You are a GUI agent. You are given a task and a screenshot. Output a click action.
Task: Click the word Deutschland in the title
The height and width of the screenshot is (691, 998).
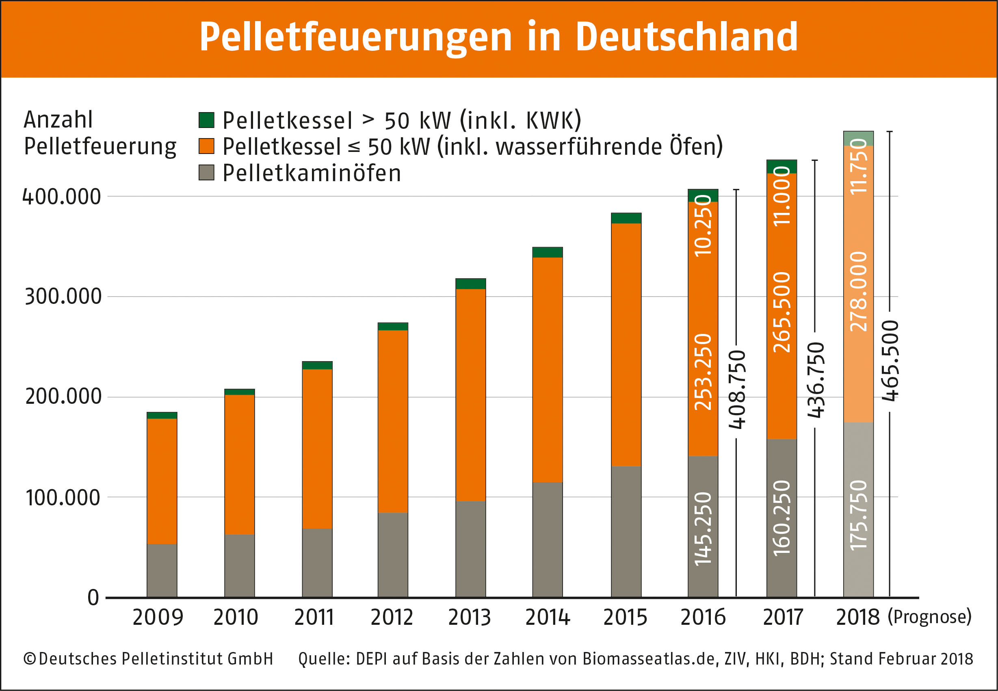click(x=686, y=37)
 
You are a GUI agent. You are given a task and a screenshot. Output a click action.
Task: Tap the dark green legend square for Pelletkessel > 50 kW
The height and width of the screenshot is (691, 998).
click(x=206, y=120)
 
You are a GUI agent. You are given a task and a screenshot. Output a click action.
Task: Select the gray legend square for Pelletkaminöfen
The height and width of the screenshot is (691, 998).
click(x=206, y=172)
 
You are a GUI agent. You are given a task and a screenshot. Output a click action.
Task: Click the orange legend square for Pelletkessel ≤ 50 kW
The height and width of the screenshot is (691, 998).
click(x=206, y=146)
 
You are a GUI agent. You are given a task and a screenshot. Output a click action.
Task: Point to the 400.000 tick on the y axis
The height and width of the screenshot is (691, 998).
click(x=61, y=197)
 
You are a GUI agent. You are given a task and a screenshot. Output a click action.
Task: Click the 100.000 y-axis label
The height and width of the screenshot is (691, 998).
click(x=63, y=498)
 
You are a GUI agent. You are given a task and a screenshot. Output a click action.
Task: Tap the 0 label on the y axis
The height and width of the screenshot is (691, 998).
click(x=93, y=598)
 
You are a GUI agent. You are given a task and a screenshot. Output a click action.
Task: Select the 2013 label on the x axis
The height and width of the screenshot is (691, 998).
click(x=470, y=617)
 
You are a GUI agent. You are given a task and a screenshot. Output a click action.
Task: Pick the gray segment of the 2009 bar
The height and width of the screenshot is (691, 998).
click(x=162, y=570)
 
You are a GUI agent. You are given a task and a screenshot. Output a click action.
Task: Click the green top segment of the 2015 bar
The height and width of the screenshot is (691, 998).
click(x=626, y=218)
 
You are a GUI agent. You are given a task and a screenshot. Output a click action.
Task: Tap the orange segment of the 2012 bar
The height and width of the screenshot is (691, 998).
click(x=392, y=421)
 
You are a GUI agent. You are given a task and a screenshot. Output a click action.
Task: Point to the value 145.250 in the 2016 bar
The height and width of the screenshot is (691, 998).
click(x=703, y=529)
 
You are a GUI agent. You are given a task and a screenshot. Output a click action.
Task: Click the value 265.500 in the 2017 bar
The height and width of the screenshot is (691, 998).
click(x=782, y=312)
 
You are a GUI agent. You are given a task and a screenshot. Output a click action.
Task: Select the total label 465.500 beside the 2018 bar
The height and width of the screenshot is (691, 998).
click(x=890, y=361)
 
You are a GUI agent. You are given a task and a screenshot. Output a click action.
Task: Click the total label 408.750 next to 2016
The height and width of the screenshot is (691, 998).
click(x=737, y=389)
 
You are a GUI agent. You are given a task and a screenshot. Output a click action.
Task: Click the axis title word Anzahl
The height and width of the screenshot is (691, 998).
click(x=58, y=119)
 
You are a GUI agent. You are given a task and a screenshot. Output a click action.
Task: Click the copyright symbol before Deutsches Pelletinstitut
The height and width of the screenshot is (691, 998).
click(x=29, y=659)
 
